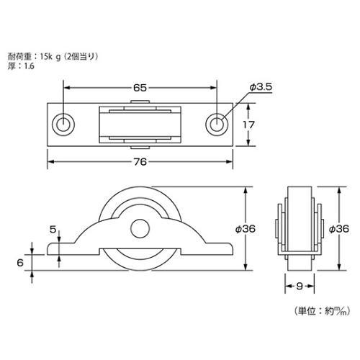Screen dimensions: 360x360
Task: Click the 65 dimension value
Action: click(140, 88)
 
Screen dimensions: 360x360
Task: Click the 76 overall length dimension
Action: click(140, 162)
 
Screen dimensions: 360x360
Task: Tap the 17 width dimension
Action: click(248, 125)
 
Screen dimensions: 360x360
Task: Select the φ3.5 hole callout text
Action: click(261, 86)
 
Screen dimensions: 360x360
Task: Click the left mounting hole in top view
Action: click(63, 125)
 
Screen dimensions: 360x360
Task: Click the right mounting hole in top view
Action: click(217, 125)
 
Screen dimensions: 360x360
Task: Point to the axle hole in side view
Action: click(140, 228)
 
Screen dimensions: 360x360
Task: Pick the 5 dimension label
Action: click(53, 230)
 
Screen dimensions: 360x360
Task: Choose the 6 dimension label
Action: click(20, 263)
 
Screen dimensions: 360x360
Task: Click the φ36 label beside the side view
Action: click(246, 229)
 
